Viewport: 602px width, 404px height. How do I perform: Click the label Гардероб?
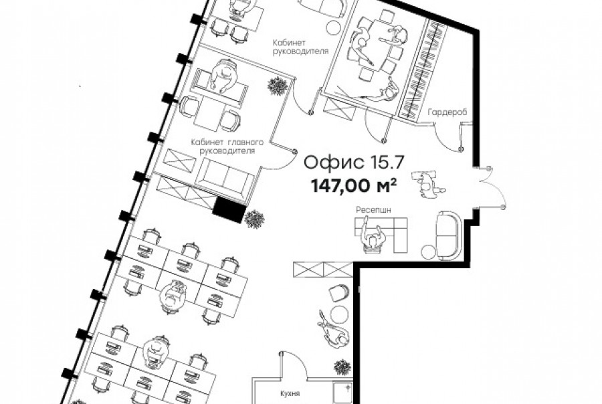coord(447,112)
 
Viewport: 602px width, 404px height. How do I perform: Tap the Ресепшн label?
coord(373,210)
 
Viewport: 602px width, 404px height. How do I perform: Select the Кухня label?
coord(290,393)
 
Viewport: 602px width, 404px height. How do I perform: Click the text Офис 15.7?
coord(354,163)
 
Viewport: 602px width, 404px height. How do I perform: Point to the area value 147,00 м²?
coord(354,186)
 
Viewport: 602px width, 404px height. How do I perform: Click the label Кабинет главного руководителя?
coord(227,146)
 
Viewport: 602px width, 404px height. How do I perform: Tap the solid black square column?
coord(229,210)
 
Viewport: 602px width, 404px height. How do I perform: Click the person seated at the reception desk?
coord(373,238)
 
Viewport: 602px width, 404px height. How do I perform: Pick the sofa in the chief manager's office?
coord(225,177)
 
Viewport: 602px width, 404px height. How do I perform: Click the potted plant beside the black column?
coord(255,219)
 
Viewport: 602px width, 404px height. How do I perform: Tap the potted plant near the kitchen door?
coord(342,367)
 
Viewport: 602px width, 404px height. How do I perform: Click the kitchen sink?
coord(342,392)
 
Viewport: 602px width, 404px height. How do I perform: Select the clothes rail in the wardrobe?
coord(422,68)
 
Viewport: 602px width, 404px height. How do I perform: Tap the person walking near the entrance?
coord(428,185)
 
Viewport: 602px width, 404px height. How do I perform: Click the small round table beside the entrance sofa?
coord(427,252)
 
